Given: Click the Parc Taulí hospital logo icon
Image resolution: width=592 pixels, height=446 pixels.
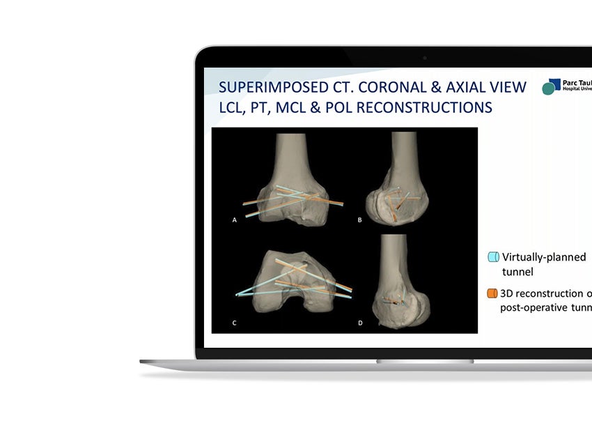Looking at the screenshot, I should click(551, 86).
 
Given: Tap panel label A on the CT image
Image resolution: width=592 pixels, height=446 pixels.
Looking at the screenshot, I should click(235, 220).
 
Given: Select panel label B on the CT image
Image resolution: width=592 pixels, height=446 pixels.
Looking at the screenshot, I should click(359, 220).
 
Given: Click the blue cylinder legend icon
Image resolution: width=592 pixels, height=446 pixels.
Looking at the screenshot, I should click(493, 257).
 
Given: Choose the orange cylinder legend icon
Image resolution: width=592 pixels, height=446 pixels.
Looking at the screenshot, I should click(493, 293).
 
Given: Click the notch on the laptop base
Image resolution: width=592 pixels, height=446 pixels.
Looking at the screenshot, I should click(425, 361).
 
